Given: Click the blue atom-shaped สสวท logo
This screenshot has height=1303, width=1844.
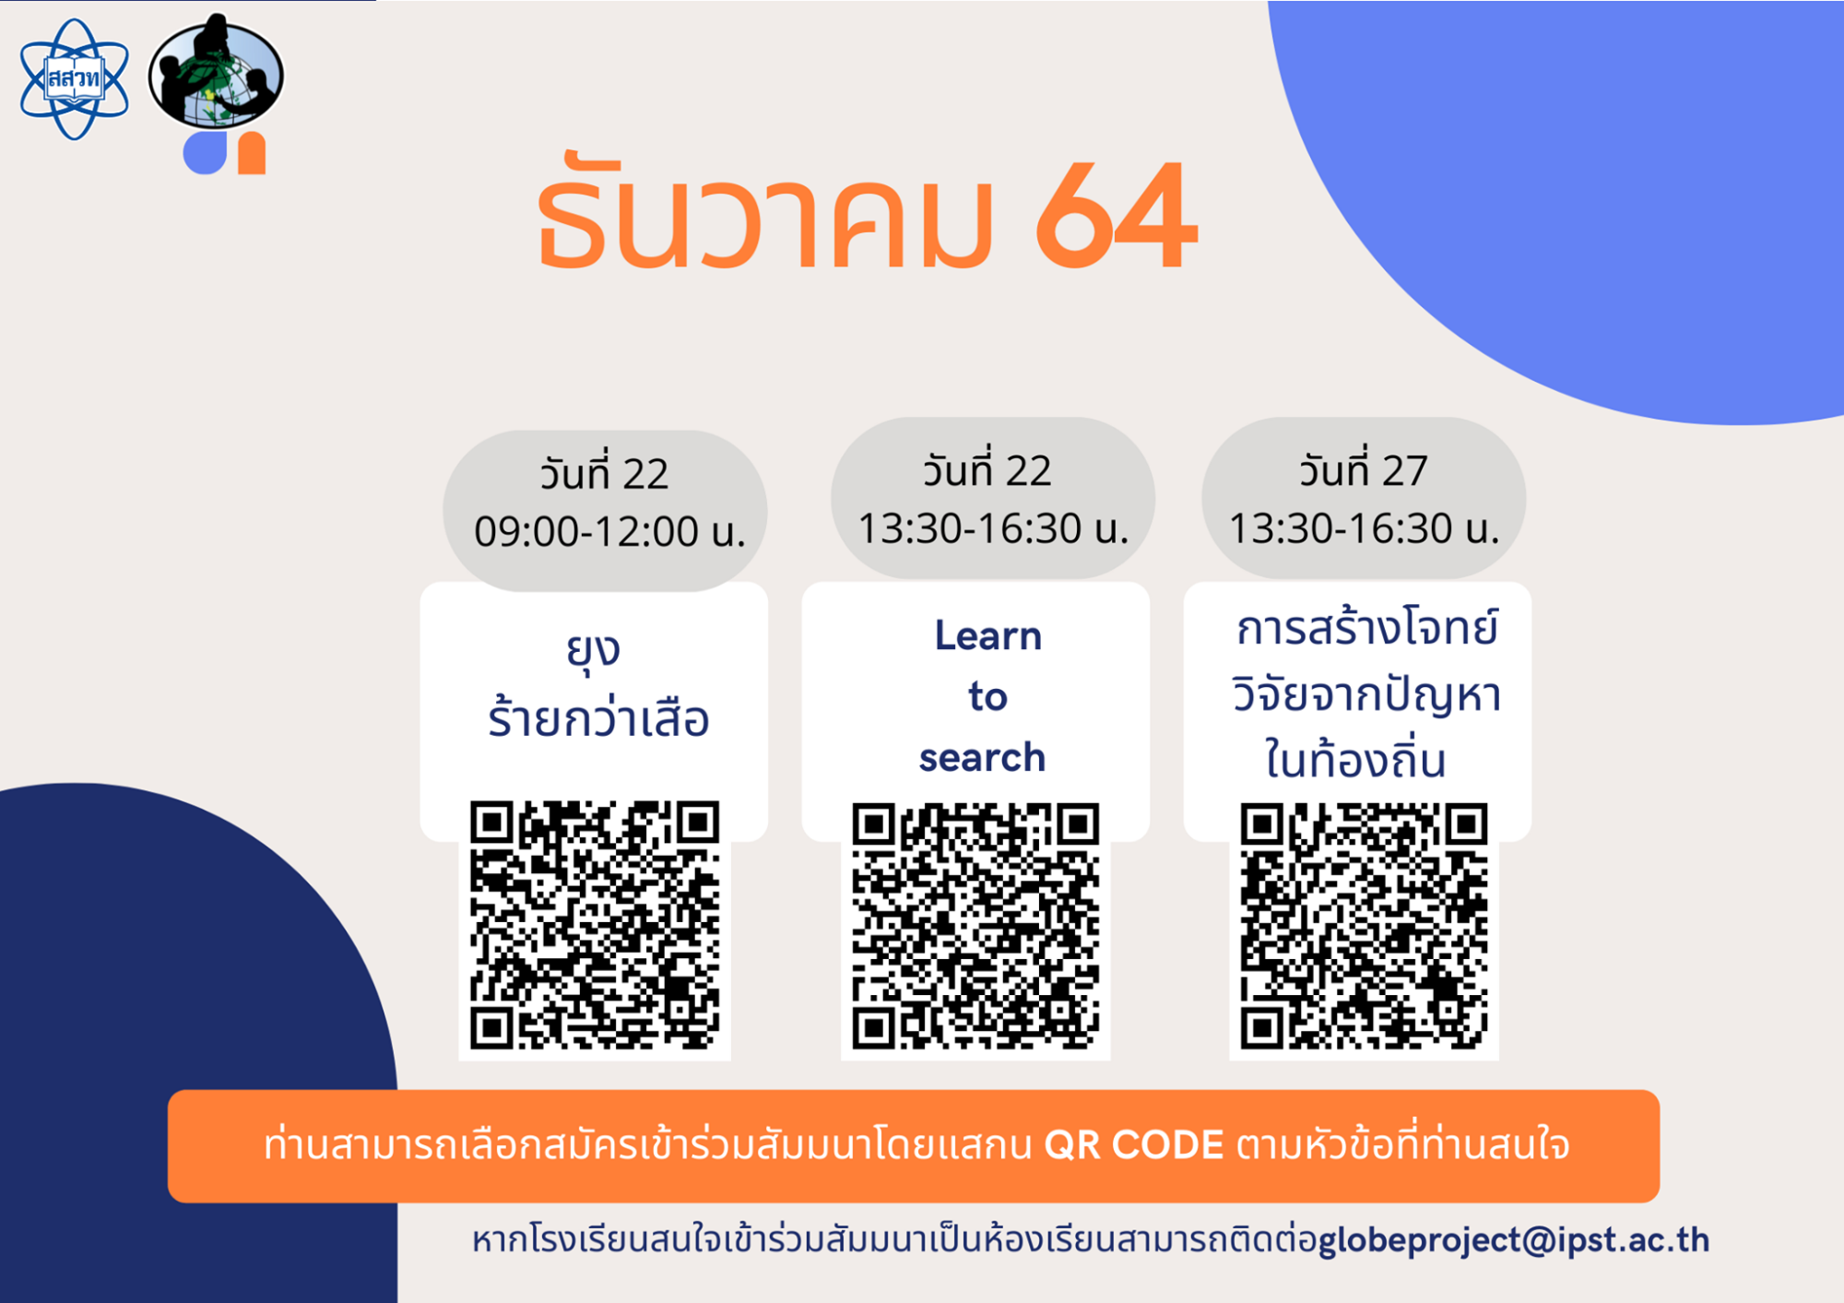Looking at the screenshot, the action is (x=75, y=79).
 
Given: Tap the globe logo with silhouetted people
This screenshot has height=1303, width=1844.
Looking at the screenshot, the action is (x=217, y=72).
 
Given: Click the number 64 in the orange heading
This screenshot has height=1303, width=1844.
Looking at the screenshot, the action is (x=1117, y=216).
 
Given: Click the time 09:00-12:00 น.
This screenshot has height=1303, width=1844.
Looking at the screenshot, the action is (x=609, y=532).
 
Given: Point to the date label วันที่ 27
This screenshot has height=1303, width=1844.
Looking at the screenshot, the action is (x=1364, y=469).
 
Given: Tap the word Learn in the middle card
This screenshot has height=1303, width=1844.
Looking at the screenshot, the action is (x=988, y=635).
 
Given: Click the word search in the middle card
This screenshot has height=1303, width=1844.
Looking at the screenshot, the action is (x=982, y=757).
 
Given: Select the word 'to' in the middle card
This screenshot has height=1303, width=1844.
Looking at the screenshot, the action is (x=987, y=696).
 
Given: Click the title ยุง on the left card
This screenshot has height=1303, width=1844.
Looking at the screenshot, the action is (x=593, y=650).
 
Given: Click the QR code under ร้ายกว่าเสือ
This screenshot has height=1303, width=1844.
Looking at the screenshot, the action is (x=595, y=925).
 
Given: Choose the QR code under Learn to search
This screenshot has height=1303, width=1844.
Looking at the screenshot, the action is (x=975, y=927).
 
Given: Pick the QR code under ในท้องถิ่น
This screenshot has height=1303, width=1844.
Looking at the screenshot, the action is (x=1364, y=927).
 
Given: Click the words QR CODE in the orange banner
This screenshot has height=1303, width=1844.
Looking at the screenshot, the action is (x=1133, y=1145).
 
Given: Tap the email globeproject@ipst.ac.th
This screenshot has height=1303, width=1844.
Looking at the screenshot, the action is (x=1514, y=1240).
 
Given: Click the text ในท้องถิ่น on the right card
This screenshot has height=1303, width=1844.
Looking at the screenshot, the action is (x=1354, y=760).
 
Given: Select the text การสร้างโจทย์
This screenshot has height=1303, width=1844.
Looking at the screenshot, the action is (x=1366, y=628).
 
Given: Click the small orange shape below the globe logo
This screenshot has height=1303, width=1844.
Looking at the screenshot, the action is (x=251, y=153).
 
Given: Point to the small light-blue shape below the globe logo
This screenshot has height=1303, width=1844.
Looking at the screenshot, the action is (x=205, y=153).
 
